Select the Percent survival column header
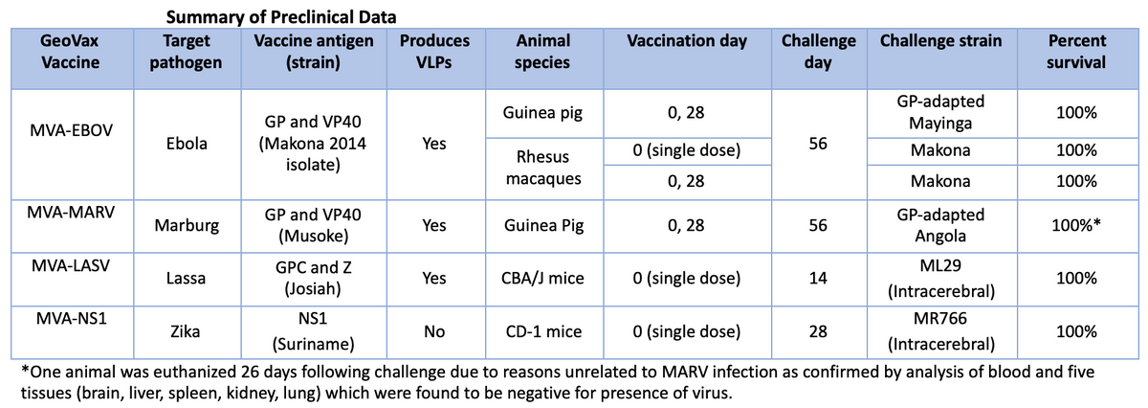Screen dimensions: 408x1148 [1077, 52]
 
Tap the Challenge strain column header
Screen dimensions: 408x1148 [941, 41]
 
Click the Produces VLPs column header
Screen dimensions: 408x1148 [434, 52]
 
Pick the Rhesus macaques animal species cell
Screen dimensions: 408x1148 [543, 165]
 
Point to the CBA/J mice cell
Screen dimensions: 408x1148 [543, 279]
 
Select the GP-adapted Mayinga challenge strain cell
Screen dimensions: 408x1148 [941, 112]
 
